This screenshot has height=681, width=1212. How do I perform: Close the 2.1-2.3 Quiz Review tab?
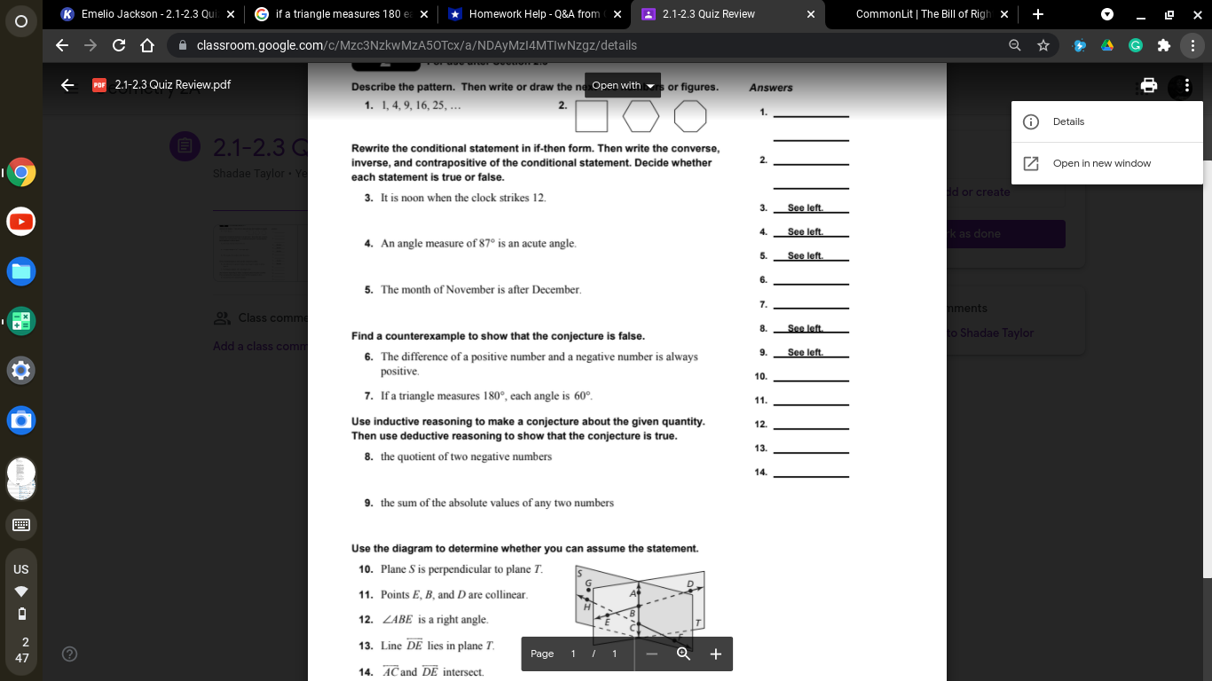(811, 14)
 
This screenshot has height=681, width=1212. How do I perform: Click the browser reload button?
(118, 45)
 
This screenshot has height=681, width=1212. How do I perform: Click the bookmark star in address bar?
(1043, 45)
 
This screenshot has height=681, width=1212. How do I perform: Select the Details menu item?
(1068, 121)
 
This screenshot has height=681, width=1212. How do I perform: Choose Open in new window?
(1101, 163)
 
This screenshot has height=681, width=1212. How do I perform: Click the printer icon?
(1149, 85)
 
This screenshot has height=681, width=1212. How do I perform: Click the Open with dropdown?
(623, 85)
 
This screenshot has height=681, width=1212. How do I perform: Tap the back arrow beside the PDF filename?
(67, 85)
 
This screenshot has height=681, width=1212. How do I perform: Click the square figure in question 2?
(592, 115)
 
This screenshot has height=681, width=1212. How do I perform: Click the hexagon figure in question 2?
(641, 115)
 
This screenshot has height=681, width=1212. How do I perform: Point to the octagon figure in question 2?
(690, 115)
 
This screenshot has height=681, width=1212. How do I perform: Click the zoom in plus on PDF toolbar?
(716, 654)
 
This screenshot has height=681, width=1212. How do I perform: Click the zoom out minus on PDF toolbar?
(651, 654)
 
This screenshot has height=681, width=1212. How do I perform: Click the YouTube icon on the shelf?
(21, 222)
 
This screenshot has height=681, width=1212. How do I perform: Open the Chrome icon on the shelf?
(21, 172)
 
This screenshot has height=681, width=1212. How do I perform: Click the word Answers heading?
(771, 88)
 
